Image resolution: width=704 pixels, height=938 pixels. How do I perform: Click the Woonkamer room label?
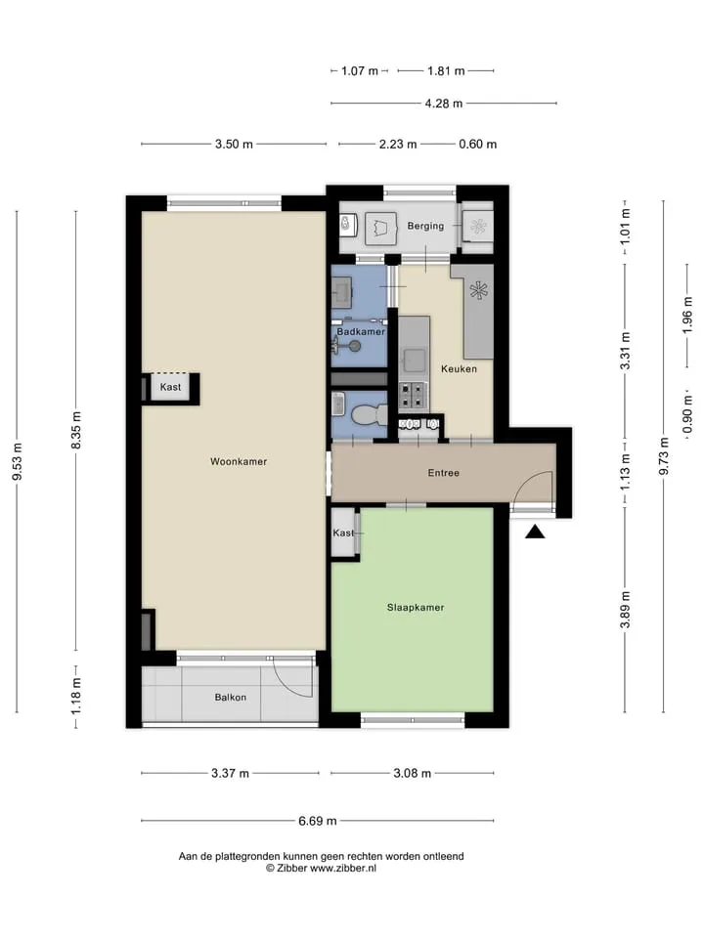click(x=239, y=461)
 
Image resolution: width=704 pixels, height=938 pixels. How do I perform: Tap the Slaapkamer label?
click(x=416, y=607)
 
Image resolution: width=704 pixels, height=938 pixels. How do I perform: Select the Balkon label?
click(x=231, y=697)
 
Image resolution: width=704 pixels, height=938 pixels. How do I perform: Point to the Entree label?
click(x=444, y=473)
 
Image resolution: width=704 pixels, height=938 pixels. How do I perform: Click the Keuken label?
click(x=460, y=368)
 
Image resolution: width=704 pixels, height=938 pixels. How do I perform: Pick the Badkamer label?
click(x=361, y=331)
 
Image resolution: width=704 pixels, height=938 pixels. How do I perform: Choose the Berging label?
click(x=425, y=226)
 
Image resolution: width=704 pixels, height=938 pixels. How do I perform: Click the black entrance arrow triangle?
click(x=535, y=532)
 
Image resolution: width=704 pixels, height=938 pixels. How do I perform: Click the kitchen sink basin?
click(x=414, y=361)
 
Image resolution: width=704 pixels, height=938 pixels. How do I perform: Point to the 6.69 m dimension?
click(x=317, y=821)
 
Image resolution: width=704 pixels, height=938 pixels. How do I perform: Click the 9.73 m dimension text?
click(x=663, y=456)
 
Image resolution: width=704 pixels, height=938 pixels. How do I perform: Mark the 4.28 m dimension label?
click(x=444, y=104)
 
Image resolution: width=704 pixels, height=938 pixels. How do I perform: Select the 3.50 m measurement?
click(x=234, y=145)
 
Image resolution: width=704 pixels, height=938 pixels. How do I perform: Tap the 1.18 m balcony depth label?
click(x=76, y=696)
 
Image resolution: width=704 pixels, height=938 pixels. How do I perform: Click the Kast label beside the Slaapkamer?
click(x=343, y=533)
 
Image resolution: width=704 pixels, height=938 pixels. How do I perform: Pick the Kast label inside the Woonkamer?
click(x=170, y=387)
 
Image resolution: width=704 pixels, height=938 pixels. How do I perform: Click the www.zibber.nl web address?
click(x=343, y=868)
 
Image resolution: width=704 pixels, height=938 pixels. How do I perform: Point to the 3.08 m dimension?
click(x=412, y=774)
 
